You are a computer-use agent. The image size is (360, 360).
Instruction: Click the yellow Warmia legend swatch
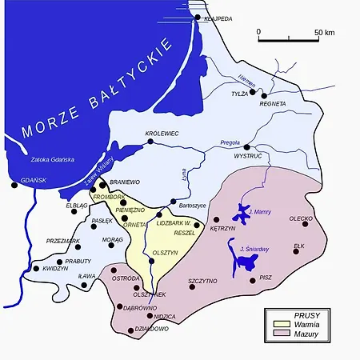coord(281,324)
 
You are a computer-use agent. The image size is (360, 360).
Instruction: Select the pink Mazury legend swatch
coord(281,334)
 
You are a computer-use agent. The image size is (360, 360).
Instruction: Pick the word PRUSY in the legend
coord(306,314)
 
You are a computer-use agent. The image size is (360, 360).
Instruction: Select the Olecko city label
coord(301,218)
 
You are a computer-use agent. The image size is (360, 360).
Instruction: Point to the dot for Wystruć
coord(247,148)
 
